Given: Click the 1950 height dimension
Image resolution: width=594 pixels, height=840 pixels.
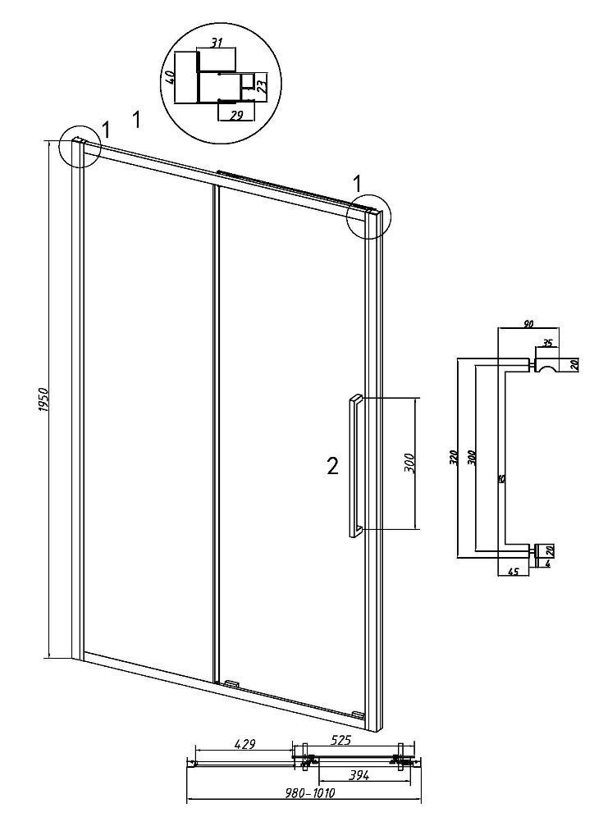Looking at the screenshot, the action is click(x=45, y=399).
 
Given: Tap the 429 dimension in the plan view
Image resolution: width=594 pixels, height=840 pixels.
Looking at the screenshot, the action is click(x=243, y=744).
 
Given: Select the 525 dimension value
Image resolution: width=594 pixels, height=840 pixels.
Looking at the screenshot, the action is click(x=340, y=741).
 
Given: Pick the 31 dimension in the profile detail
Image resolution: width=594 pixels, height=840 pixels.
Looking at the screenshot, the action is click(x=217, y=43).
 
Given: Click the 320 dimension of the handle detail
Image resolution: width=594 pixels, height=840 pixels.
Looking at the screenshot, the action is click(x=453, y=456).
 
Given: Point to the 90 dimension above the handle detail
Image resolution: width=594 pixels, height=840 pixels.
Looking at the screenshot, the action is click(x=528, y=323).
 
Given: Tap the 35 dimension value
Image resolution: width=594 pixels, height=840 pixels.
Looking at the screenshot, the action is click(x=547, y=343).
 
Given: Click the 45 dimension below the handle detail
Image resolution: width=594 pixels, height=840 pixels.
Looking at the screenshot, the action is click(x=513, y=572).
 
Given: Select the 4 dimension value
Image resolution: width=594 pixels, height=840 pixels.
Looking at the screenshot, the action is click(x=547, y=563).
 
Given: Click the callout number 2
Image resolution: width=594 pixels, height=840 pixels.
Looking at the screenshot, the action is click(x=332, y=468).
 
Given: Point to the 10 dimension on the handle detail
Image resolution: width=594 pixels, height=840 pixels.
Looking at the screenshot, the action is click(x=500, y=478).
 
